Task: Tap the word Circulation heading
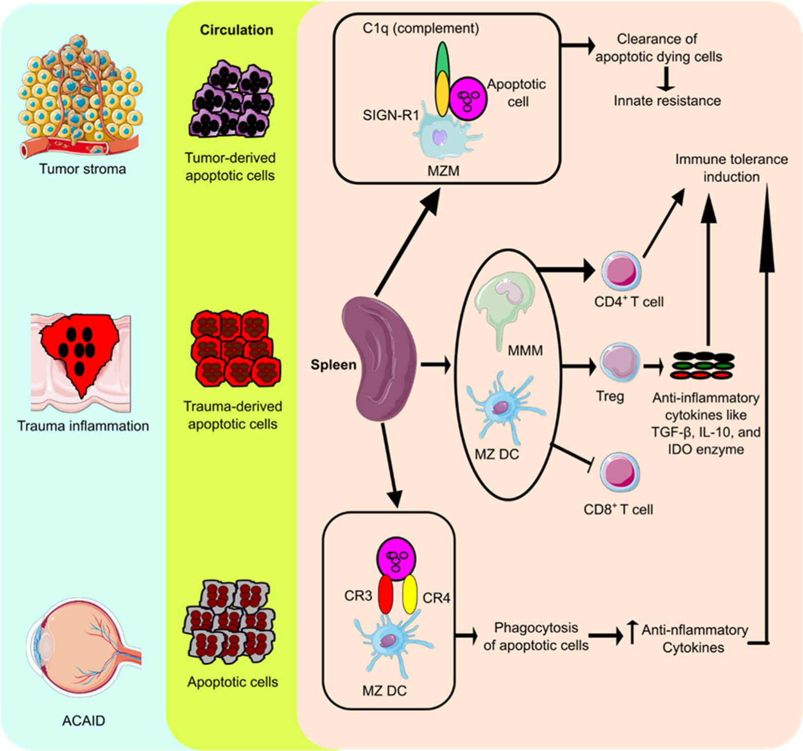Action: (236, 30)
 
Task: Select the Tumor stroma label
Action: (83, 169)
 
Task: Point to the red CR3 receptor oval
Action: (386, 594)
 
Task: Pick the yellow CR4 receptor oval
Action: (409, 594)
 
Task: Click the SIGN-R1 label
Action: (391, 116)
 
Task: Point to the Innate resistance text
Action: (667, 101)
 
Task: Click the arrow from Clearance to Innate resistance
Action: (666, 79)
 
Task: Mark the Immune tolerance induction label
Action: (731, 168)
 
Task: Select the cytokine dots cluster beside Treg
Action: (702, 365)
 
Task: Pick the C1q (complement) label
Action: (420, 28)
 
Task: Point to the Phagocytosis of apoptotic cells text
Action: (536, 636)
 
